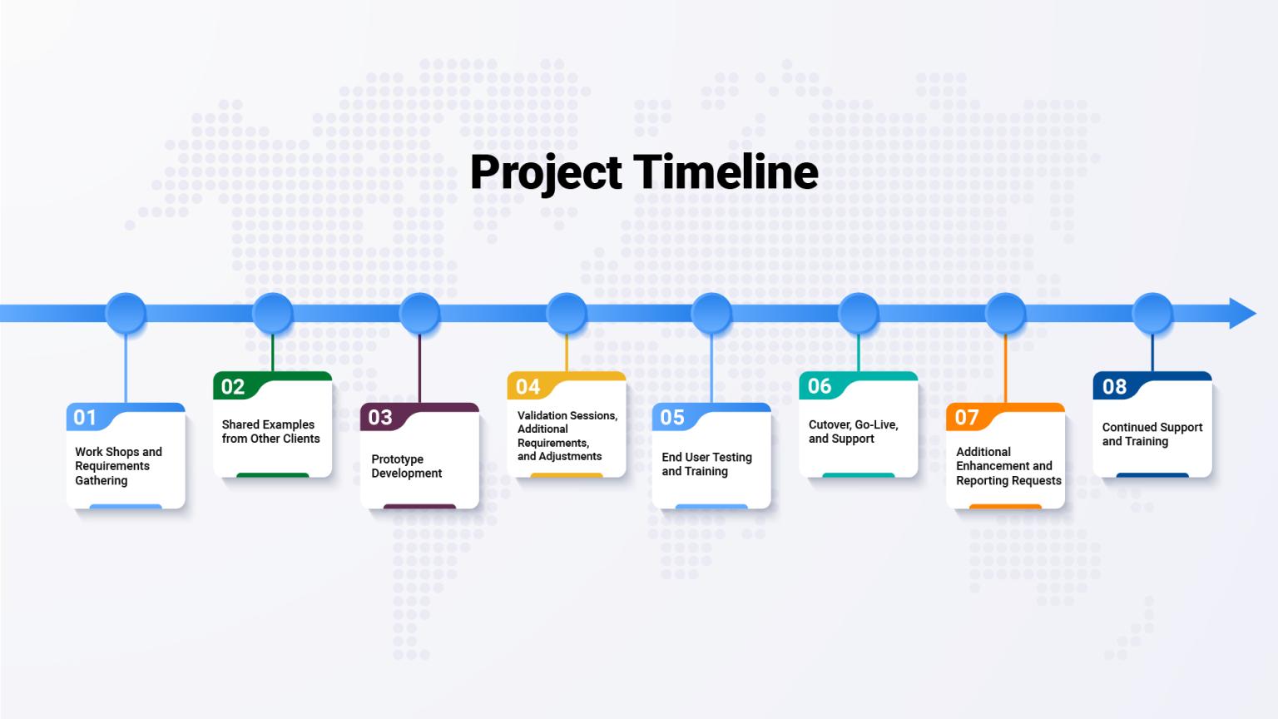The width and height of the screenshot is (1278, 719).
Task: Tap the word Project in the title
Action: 546,174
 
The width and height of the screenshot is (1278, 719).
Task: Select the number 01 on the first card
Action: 85,418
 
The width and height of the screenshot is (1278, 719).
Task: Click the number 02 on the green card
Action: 233,387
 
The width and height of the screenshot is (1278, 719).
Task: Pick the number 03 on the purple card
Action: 380,418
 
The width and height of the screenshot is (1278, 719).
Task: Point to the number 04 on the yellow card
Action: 528,387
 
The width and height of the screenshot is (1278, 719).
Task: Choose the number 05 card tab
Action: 672,418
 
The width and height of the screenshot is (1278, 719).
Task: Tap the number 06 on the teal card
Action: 820,386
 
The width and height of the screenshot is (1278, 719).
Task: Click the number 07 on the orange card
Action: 967,418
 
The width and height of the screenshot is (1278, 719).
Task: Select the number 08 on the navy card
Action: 1114,387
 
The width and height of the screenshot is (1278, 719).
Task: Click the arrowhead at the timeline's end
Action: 1242,313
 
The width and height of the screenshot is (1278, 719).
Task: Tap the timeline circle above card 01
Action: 126,313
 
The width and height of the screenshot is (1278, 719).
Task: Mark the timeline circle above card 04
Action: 567,313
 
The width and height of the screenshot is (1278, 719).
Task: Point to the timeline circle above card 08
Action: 1152,313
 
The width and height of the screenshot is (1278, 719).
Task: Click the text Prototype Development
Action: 406,466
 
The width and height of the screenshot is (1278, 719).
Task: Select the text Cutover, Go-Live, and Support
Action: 853,431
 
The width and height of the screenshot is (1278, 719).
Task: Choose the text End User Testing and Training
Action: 706,464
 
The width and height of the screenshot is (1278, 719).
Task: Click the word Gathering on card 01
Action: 101,480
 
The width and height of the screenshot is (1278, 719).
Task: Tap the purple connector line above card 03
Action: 419,368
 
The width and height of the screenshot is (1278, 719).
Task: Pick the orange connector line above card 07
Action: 1005,368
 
